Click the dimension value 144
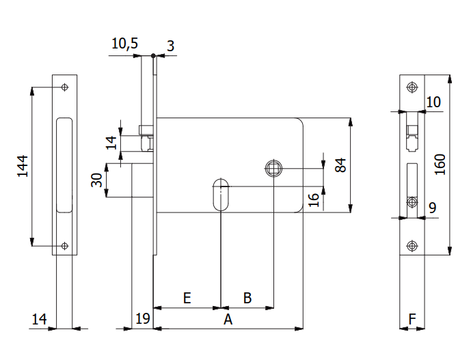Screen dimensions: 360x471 tap(23, 166)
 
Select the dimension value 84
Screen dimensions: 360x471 tap(341, 165)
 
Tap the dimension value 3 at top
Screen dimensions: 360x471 tap(170, 46)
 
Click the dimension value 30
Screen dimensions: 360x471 tap(96, 180)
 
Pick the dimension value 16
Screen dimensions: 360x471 tap(313, 199)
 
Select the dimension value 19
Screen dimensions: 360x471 tap(142, 318)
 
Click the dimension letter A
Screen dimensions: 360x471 tap(228, 319)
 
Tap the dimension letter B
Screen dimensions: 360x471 tap(247, 298)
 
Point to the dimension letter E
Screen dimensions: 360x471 tap(187, 298)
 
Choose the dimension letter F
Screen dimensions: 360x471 tap(412, 318)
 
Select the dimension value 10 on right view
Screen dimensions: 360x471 tap(433, 102)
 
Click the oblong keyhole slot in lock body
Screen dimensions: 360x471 tap(221, 195)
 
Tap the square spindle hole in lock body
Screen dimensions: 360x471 tap(273, 167)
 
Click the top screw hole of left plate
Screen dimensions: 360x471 tap(64, 87)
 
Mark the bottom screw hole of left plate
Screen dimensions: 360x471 tap(64, 246)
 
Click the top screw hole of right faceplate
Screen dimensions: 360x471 tap(412, 87)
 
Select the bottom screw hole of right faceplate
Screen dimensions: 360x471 tap(412, 246)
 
